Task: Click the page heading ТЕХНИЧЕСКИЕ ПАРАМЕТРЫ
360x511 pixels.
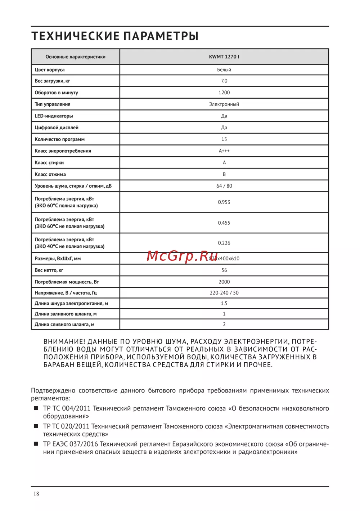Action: tap(115, 36)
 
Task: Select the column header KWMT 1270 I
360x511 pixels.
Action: tap(224, 57)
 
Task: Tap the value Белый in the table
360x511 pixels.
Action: tap(224, 70)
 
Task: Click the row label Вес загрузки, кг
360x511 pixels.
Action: tap(53, 81)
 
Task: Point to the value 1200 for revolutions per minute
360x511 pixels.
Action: tap(224, 93)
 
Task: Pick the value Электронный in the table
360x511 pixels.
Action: tap(224, 104)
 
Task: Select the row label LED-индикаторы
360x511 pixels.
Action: tap(54, 116)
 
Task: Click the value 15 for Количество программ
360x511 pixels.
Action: tap(224, 139)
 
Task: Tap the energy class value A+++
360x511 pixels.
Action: tap(224, 151)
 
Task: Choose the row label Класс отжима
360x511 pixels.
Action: tap(50, 174)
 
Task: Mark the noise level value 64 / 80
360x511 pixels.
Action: tap(224, 186)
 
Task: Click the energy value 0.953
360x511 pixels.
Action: tap(224, 202)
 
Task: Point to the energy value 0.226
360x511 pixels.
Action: tap(224, 243)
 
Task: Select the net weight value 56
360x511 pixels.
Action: tap(224, 270)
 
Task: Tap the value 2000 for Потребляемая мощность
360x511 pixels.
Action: tap(224, 282)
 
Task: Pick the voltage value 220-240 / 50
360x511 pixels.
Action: tap(224, 293)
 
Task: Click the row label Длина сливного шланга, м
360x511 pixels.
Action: tap(64, 324)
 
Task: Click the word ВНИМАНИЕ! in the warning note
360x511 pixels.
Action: tap(64, 341)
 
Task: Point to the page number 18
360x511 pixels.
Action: tap(36, 494)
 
